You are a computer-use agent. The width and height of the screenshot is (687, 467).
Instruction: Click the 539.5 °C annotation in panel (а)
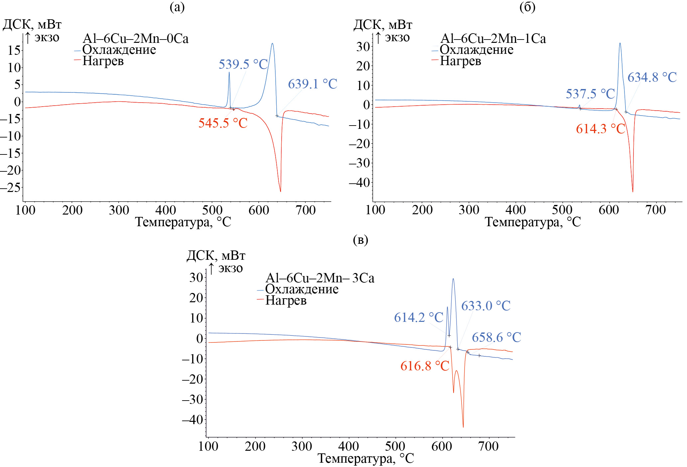(243, 64)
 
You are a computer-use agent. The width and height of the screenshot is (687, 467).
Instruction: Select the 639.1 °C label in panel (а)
(313, 84)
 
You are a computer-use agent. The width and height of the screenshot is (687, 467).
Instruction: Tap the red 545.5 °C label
(223, 123)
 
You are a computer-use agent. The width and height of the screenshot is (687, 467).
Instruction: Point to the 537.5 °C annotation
(590, 94)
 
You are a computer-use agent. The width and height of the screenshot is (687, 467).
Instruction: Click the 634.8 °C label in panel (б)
(652, 77)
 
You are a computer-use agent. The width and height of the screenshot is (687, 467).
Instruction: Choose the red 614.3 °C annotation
(601, 129)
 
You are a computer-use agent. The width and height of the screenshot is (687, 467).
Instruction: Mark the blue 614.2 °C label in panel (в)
(419, 318)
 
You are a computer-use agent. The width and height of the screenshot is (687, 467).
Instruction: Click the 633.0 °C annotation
(485, 306)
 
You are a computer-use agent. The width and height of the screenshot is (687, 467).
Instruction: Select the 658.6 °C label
(496, 337)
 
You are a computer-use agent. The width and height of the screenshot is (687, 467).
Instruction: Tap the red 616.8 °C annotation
(425, 366)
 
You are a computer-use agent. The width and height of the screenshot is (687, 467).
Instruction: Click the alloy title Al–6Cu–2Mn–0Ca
(135, 39)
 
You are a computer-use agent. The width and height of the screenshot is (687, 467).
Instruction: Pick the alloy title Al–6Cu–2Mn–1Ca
(493, 39)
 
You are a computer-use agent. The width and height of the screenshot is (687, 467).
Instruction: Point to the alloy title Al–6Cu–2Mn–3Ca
(320, 278)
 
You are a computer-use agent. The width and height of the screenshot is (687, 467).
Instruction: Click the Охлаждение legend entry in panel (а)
(119, 50)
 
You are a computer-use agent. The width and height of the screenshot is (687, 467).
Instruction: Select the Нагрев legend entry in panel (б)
(460, 61)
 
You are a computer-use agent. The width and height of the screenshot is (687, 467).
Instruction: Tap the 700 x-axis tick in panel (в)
(488, 446)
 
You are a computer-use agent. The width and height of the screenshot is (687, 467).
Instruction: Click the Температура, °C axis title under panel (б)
(533, 222)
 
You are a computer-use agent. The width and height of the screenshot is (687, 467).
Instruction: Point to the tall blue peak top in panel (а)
(272, 44)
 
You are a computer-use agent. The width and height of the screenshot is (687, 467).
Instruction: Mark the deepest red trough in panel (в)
(463, 427)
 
